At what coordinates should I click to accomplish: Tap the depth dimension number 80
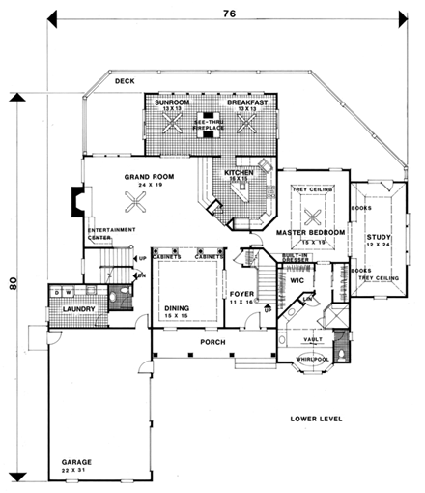[13, 284]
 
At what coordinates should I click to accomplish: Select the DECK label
[124, 83]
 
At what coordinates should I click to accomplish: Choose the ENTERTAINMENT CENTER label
[112, 233]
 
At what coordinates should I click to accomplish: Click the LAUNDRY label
[68, 309]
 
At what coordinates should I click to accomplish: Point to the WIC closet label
[297, 280]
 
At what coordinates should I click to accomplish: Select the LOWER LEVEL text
[319, 418]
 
